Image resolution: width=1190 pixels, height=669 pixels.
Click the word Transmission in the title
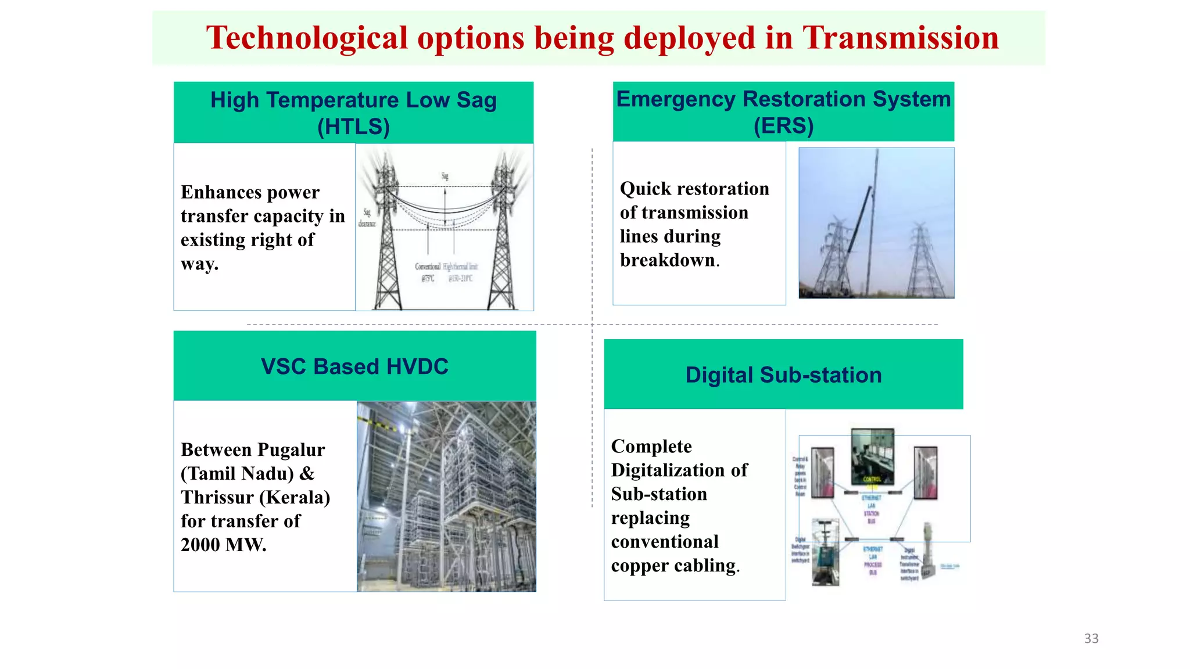[900, 38]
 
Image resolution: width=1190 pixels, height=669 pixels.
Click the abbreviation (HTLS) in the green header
[353, 127]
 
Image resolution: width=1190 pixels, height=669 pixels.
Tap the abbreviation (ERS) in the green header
[783, 125]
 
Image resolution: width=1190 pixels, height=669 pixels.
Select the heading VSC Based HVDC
[354, 366]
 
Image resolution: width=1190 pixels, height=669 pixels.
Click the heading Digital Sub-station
[783, 375]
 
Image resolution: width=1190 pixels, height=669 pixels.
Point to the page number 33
[1091, 638]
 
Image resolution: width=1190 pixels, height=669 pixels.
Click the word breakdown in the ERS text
[667, 261]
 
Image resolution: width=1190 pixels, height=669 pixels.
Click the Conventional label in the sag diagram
[427, 267]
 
